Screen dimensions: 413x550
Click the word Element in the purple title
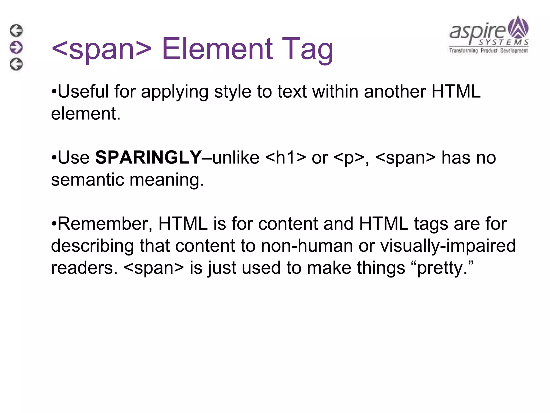click(218, 49)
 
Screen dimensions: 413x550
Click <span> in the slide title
click(102, 49)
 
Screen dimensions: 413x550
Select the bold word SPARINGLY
click(148, 157)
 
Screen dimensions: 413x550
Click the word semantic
click(87, 180)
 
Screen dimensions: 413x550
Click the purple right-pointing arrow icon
click(16, 47)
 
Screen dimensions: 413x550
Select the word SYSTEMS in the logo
click(504, 42)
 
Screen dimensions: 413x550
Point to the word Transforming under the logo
click(464, 51)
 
